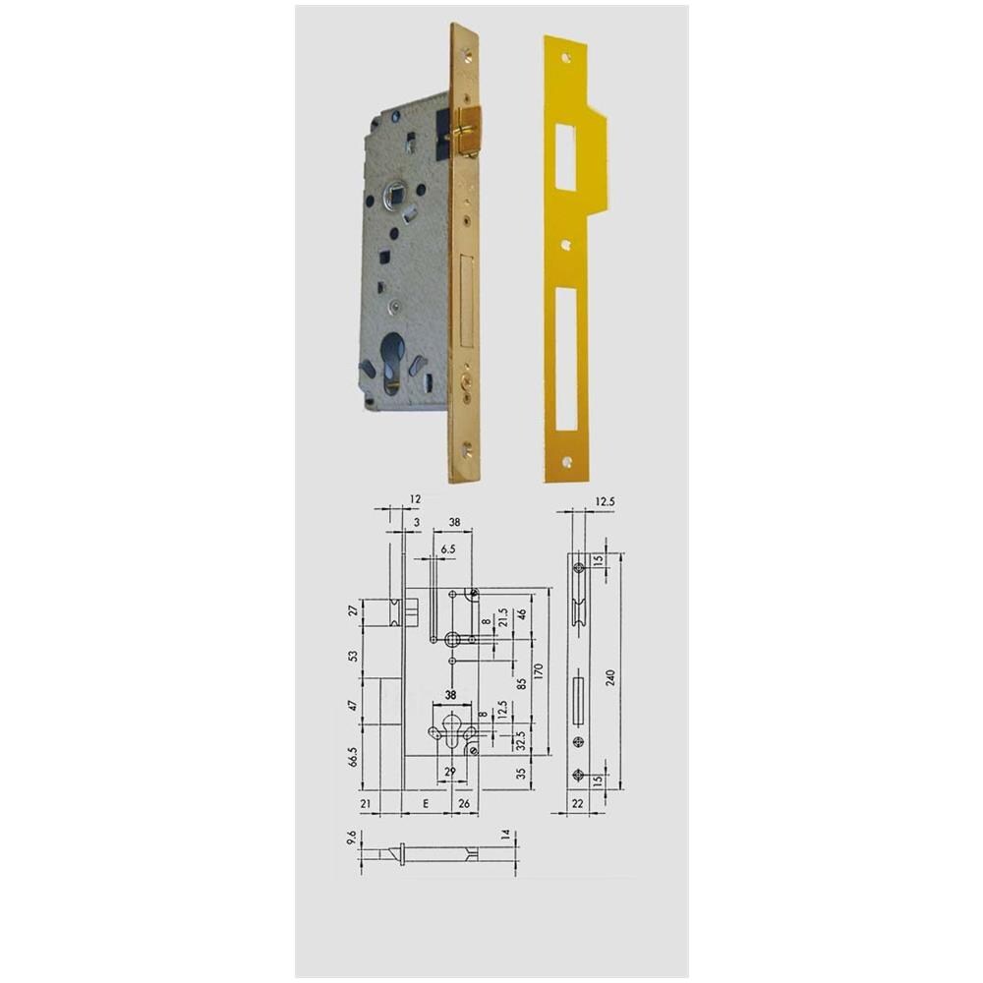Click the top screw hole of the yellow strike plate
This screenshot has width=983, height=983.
567,59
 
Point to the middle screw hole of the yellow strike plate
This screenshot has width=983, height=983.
566,245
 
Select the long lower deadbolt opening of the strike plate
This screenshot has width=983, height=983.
565,360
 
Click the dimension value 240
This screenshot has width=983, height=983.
611,677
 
